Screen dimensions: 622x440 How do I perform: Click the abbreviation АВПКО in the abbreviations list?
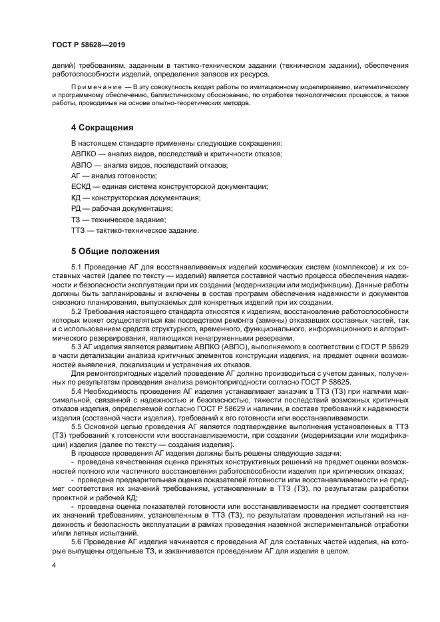point(85,154)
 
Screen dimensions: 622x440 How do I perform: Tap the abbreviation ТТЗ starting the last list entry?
point(78,230)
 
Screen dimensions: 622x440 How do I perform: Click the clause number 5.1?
point(77,267)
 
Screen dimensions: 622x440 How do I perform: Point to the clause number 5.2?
point(77,311)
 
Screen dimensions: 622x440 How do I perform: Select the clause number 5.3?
point(77,347)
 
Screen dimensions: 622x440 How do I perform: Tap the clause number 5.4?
point(77,390)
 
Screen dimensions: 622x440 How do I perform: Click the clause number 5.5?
point(77,426)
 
